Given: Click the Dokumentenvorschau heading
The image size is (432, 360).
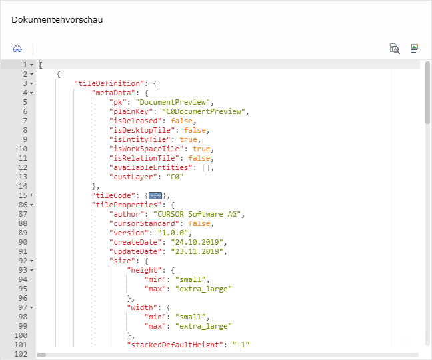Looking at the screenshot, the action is [x=57, y=20].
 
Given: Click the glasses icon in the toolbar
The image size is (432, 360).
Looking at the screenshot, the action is [x=17, y=49].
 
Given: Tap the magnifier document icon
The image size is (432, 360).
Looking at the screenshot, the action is [x=395, y=49].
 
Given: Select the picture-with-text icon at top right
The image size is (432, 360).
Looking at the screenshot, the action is [x=415, y=49].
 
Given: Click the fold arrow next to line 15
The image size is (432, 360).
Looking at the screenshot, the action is [x=31, y=195].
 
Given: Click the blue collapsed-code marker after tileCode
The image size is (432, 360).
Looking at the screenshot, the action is [x=155, y=196].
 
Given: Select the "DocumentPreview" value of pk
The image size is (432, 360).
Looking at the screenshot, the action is [x=173, y=102].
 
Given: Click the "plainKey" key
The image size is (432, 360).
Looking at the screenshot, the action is [x=131, y=111].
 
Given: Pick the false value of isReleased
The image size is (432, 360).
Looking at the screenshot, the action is [x=181, y=121].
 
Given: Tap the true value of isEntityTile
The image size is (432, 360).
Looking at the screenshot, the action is [x=188, y=139].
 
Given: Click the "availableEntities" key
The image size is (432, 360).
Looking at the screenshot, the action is [x=151, y=167].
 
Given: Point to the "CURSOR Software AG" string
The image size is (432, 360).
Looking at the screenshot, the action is [x=197, y=214].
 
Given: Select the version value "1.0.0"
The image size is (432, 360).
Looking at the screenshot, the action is [x=173, y=233].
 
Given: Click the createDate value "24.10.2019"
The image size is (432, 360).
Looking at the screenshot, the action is [x=197, y=243].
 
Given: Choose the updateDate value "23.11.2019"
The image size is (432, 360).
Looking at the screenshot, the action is [x=197, y=252].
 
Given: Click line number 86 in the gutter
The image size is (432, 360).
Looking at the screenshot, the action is [x=23, y=205].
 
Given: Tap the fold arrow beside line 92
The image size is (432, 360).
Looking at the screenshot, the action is [x=32, y=261].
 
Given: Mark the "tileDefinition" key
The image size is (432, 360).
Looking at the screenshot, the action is [x=109, y=83].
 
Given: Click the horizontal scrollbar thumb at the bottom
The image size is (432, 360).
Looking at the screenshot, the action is [x=41, y=355].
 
